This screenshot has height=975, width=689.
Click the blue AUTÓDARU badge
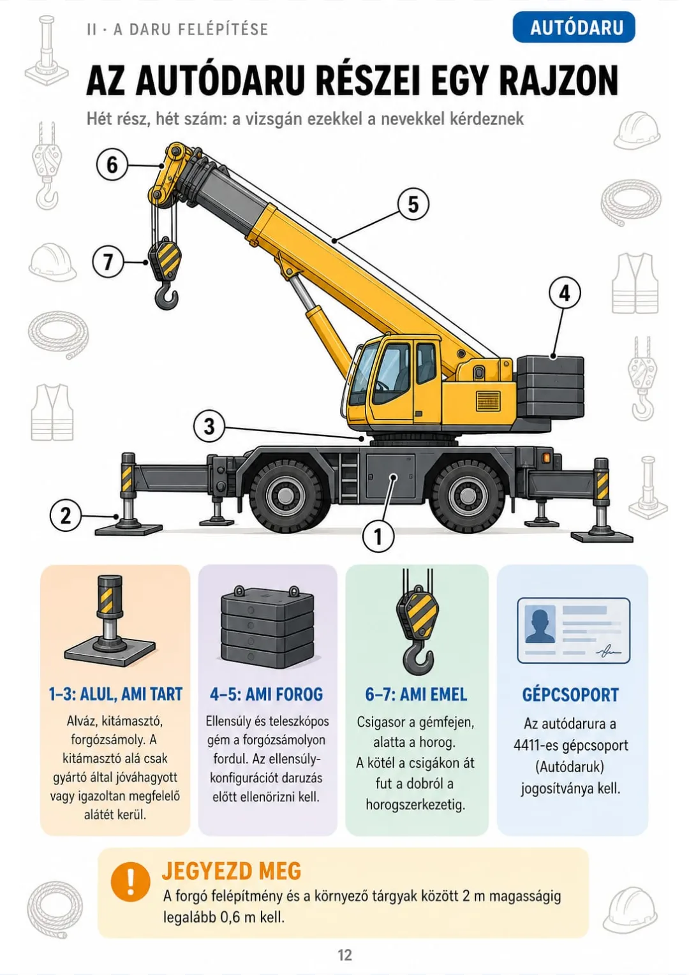(x=573, y=27)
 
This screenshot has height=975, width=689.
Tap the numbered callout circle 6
(x=112, y=165)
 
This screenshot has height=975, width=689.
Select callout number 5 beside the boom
(x=413, y=204)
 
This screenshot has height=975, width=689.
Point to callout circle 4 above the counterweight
(x=564, y=293)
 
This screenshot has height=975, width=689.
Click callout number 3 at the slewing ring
(x=209, y=427)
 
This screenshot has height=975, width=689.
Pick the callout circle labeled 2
(x=65, y=516)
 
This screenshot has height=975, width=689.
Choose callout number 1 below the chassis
(x=378, y=536)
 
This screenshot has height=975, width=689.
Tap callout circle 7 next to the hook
(x=108, y=262)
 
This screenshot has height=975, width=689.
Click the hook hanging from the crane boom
(x=167, y=295)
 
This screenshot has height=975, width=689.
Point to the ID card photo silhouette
(x=540, y=625)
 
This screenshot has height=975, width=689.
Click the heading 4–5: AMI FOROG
(x=267, y=694)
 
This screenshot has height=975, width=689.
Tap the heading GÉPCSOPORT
(x=570, y=694)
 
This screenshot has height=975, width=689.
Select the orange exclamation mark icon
(x=130, y=881)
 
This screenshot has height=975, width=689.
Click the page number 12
(x=345, y=955)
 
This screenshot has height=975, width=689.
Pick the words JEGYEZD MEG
(x=232, y=871)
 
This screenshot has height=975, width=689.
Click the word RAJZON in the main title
(x=558, y=81)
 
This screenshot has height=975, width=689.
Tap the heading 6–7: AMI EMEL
(x=416, y=694)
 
